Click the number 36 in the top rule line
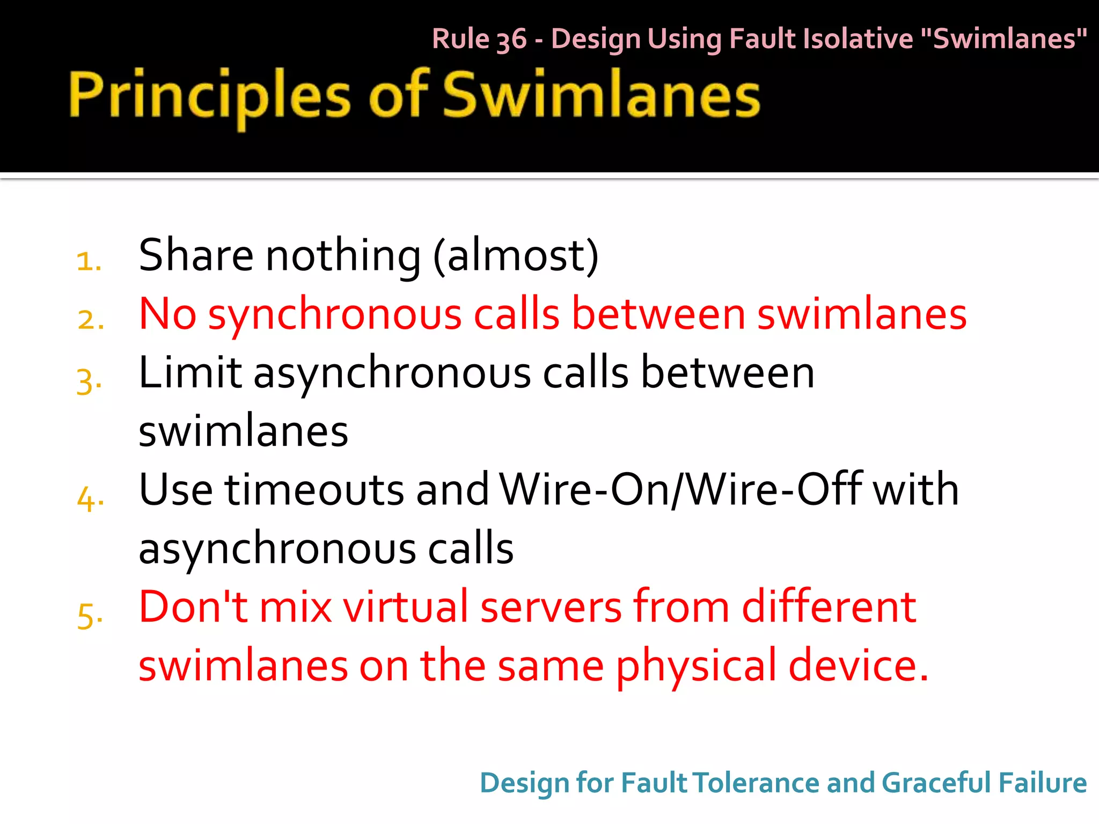coord(511,40)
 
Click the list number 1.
coord(89,262)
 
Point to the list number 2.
coord(90,320)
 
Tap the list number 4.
coord(90,499)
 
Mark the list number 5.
coord(90,615)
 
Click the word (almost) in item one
coord(516,255)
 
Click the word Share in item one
coord(196,255)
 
